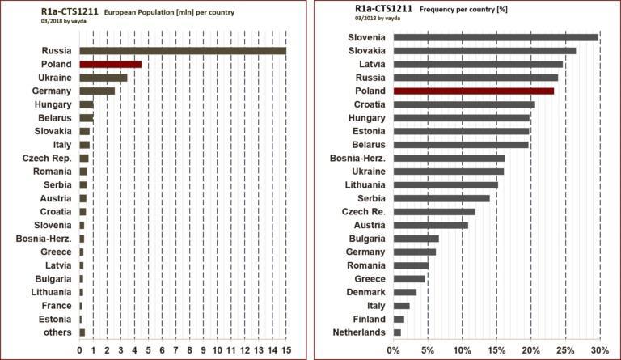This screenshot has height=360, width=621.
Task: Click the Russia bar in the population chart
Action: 183,51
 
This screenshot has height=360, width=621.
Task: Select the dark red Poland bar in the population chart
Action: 110,64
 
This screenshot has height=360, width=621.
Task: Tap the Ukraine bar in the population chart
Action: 103,78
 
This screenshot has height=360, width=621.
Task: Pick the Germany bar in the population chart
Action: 97,91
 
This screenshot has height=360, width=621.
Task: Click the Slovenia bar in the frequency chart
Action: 495,37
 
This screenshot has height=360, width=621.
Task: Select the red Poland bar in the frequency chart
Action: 473,91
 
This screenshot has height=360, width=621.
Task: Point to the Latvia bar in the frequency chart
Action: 477,64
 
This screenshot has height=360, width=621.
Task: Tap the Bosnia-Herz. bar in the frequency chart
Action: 449,158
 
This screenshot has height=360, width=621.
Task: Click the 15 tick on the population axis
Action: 285,349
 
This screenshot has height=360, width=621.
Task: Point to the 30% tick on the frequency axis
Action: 599,349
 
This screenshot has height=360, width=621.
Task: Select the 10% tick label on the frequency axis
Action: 462,349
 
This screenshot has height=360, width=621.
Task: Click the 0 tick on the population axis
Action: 79,349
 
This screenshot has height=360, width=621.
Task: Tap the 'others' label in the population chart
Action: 58,332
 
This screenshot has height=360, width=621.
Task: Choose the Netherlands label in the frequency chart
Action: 359,332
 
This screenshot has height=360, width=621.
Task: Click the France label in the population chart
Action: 58,305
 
